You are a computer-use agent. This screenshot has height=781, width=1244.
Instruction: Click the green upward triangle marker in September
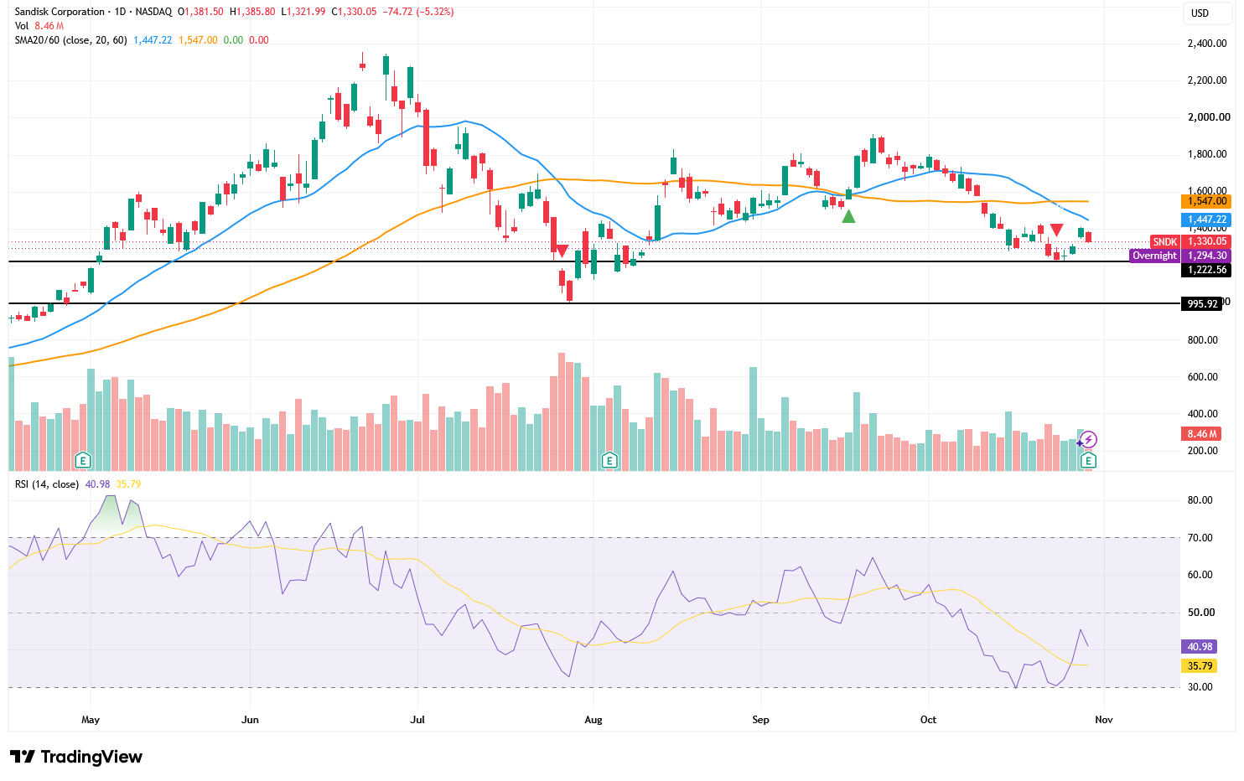coord(848,216)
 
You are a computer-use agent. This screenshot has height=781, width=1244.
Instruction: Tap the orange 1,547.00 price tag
coord(1205,201)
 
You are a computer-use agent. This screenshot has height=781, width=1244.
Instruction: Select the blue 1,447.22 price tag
coord(1205,220)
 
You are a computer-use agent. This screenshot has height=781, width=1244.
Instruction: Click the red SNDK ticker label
coord(1164,241)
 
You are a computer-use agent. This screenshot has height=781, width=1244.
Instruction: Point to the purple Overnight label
coord(1154,256)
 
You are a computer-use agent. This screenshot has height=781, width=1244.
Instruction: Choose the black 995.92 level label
coord(1201,303)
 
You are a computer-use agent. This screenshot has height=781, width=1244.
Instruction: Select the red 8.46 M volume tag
coord(1200,433)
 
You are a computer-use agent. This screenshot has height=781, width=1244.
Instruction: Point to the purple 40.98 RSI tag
coord(1199,646)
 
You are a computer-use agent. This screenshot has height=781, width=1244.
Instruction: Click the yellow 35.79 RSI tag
coord(1199,665)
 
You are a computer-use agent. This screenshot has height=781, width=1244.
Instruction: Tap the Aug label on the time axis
coord(593,719)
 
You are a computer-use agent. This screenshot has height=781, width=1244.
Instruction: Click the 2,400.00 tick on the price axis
coord(1207,44)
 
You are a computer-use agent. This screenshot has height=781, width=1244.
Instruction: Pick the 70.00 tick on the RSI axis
coord(1200,537)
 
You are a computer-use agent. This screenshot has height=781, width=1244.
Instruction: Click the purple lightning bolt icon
coord(1088,440)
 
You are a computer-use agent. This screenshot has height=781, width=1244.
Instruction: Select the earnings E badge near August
coord(609,459)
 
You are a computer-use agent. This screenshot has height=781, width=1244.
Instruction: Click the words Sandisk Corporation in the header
coord(60,12)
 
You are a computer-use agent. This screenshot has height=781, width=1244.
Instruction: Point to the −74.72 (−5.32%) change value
coord(418,12)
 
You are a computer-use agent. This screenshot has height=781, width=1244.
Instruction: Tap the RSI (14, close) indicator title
coord(47,484)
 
